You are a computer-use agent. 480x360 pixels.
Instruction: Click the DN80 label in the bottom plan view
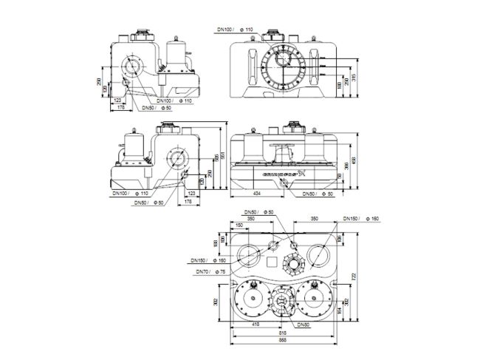point(303,325)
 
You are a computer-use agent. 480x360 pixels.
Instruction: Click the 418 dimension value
point(256,325)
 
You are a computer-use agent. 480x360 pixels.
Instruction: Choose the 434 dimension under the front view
point(256,192)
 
